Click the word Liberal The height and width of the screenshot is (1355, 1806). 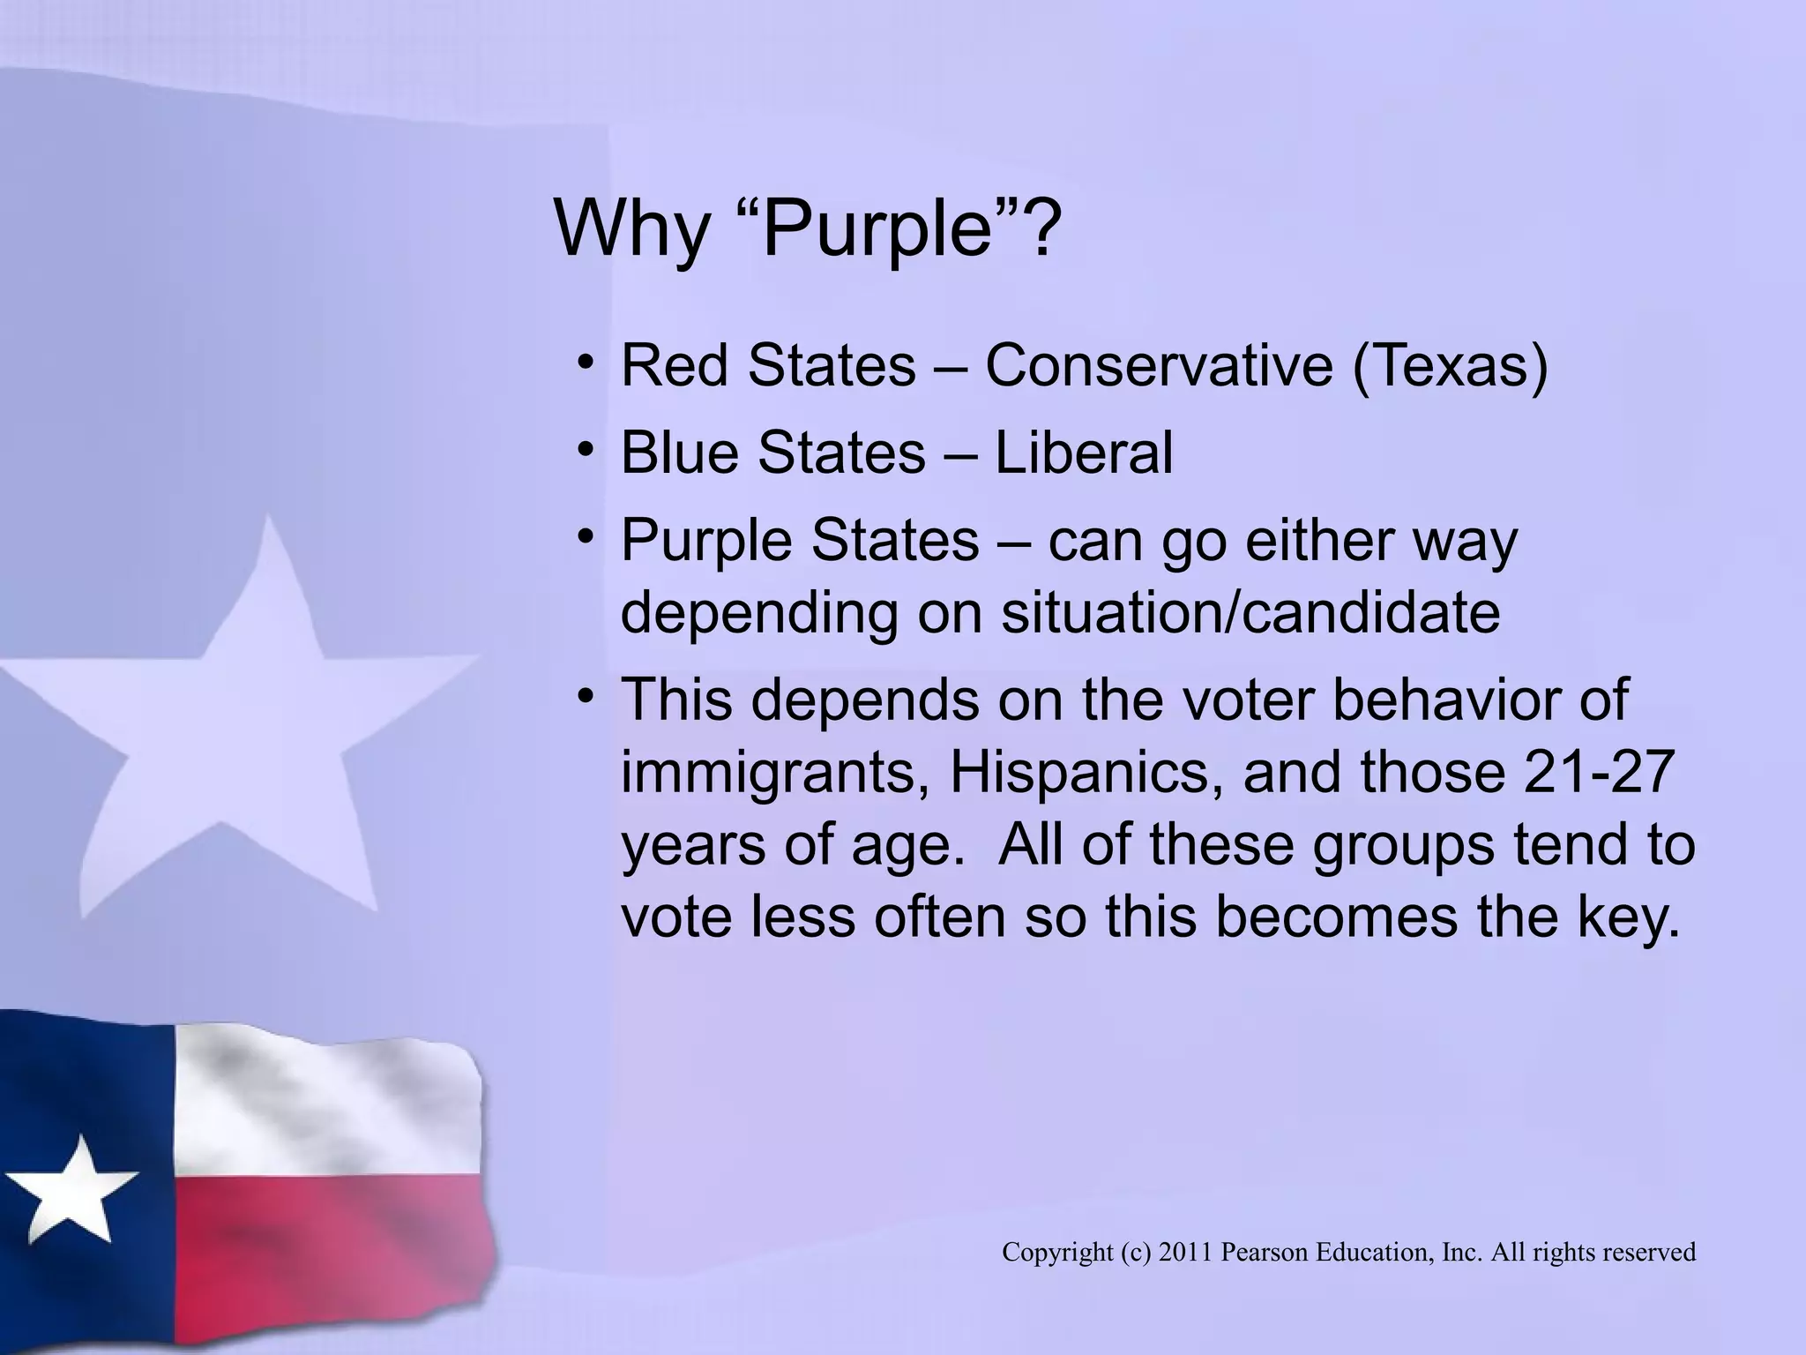1084,453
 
